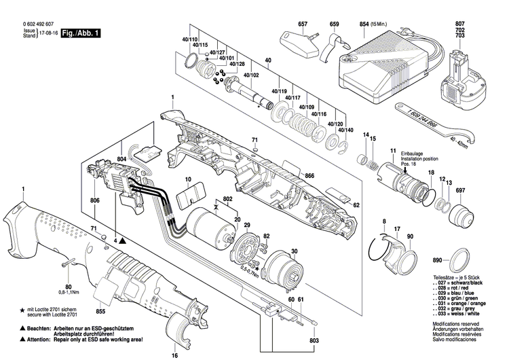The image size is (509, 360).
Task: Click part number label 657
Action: click(x=303, y=24)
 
